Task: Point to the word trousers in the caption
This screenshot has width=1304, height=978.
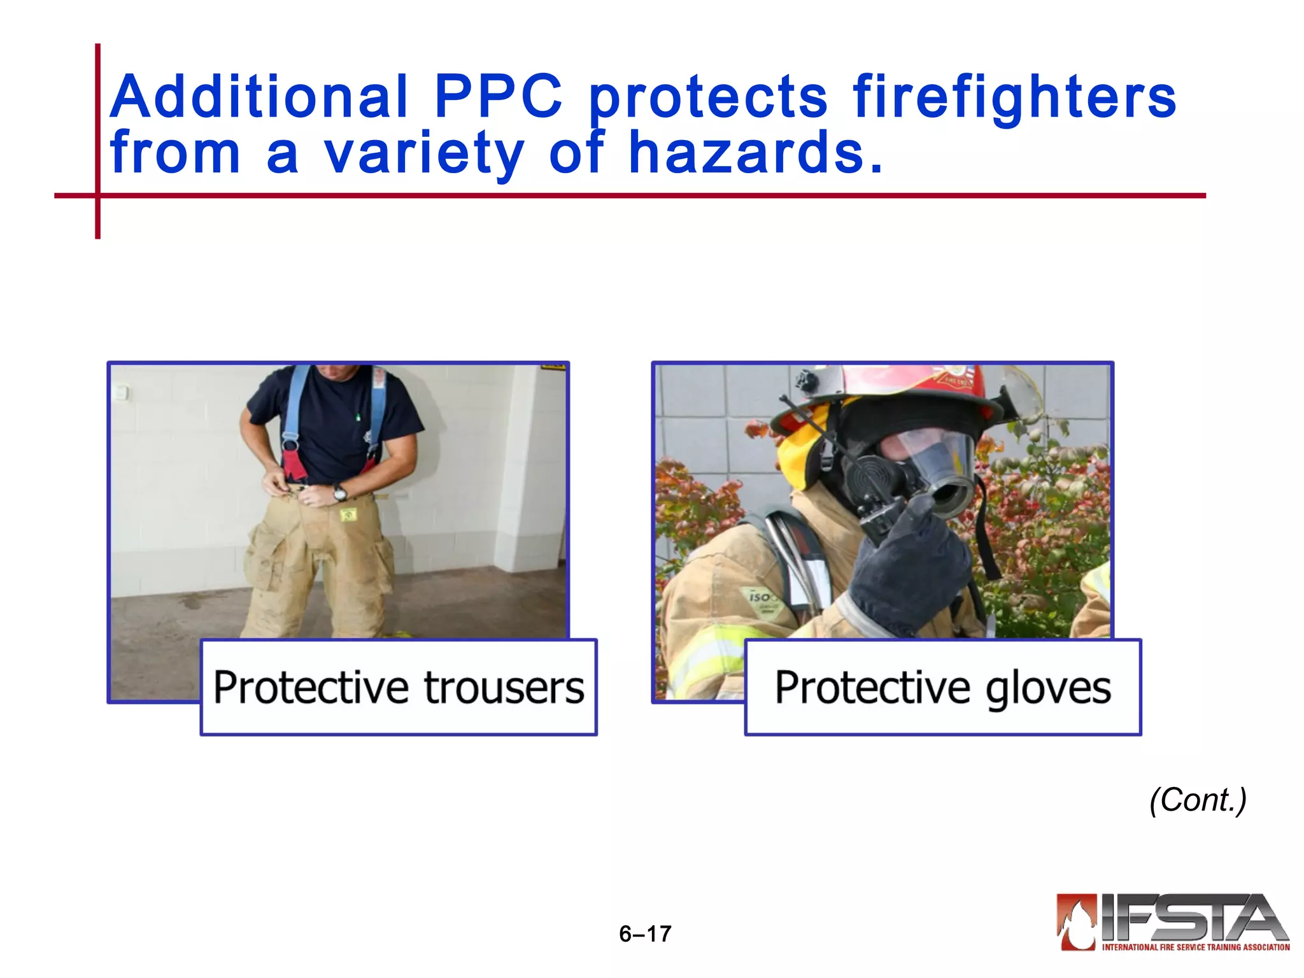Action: point(504,688)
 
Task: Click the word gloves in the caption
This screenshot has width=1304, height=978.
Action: point(1048,688)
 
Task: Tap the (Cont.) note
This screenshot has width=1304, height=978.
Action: point(1198,800)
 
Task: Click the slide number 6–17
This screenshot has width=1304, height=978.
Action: point(645,933)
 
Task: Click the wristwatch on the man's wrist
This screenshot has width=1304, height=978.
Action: point(340,492)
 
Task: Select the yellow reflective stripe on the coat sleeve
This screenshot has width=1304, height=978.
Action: point(707,656)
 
